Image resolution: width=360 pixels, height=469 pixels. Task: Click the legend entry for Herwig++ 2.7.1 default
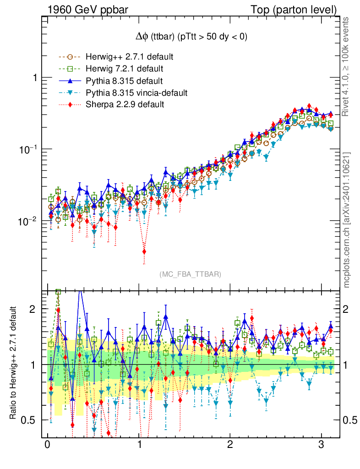pyautogui.click(x=129, y=57)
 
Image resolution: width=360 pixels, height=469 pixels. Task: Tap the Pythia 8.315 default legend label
pyautogui.click(x=124, y=81)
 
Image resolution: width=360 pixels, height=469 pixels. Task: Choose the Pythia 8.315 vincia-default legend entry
pyautogui.click(x=136, y=93)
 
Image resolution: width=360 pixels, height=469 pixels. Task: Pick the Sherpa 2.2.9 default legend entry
pyautogui.click(x=125, y=105)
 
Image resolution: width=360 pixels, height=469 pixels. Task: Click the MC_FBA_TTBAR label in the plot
pyautogui.click(x=191, y=274)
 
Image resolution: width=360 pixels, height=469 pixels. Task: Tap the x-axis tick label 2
pyautogui.click(x=229, y=446)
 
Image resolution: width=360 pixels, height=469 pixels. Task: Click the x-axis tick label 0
pyautogui.click(x=47, y=446)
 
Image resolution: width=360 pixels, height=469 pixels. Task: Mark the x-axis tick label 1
pyautogui.click(x=138, y=446)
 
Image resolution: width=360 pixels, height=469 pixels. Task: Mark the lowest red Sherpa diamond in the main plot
pyautogui.click(x=144, y=251)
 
